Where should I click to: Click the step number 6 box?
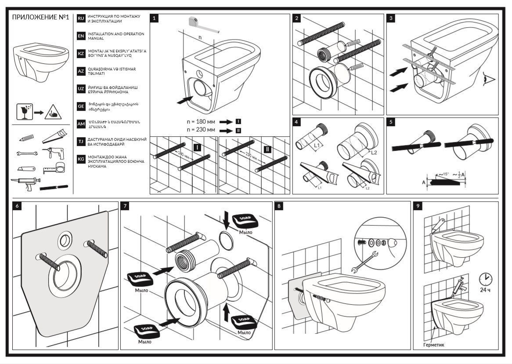click(x=16, y=206)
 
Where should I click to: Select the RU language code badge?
click(x=81, y=18)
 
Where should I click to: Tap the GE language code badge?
click(x=81, y=106)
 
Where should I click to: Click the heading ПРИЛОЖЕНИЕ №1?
click(x=40, y=17)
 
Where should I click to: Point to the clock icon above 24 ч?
click(x=485, y=279)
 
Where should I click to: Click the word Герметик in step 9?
click(x=433, y=345)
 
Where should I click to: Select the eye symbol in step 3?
click(x=489, y=80)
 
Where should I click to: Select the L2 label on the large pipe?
click(x=373, y=153)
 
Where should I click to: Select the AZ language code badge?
click(x=81, y=71)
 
